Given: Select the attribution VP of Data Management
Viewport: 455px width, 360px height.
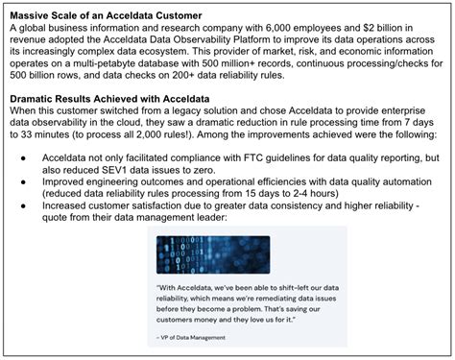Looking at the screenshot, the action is (196, 338).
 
